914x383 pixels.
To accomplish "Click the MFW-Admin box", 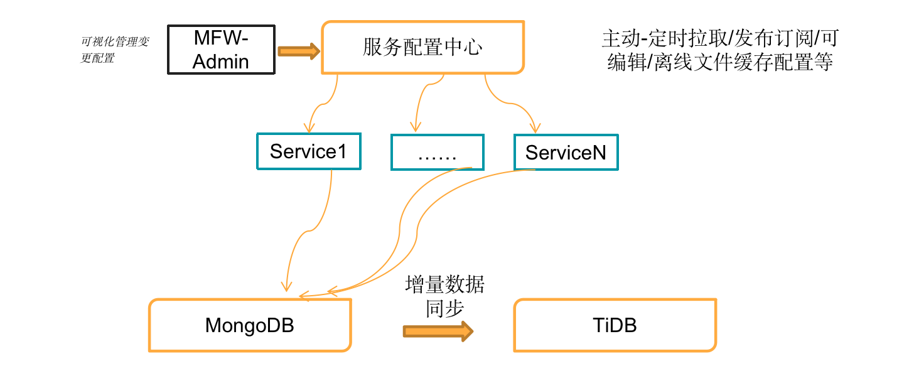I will point(221,50).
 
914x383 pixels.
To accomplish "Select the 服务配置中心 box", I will point(422,48).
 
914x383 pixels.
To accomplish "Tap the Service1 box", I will point(308,151).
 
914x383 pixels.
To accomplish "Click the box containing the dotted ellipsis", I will point(437,152).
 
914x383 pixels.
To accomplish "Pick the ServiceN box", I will point(566,152).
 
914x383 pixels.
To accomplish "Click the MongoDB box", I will point(250,325).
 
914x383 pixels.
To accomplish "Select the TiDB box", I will point(615,325).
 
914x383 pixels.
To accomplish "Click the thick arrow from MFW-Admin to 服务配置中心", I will point(298,51).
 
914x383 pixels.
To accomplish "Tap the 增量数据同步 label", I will point(445,296).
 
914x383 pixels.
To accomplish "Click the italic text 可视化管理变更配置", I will point(115,50).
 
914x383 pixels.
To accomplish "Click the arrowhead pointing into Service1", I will point(309,126).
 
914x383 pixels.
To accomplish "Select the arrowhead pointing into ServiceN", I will point(535,126).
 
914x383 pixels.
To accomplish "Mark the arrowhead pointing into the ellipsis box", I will point(414,126).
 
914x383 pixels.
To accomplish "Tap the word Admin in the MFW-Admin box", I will point(221,62).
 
